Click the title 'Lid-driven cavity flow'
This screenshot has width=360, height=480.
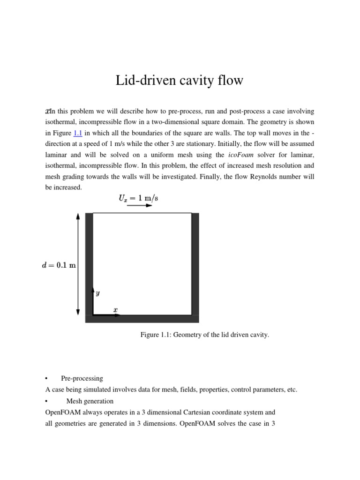tap(180, 81)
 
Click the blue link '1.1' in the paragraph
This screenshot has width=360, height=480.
tap(78, 133)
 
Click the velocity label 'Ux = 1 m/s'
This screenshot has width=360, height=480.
tap(138, 198)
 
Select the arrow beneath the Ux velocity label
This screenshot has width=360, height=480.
tap(139, 206)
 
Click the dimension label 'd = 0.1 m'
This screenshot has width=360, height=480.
tap(60, 265)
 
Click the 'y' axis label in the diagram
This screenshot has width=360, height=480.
tap(97, 293)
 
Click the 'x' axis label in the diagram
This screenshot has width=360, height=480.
tap(115, 310)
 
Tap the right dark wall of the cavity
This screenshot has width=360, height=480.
tap(195, 262)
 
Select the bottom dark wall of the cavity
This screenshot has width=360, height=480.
tap(142, 319)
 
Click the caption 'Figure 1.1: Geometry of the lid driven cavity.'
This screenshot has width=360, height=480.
tap(205, 335)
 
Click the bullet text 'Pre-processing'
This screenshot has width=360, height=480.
tap(82, 378)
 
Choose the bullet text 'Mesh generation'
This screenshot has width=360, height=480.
tap(90, 401)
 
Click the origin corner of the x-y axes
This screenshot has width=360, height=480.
tap(93, 315)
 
